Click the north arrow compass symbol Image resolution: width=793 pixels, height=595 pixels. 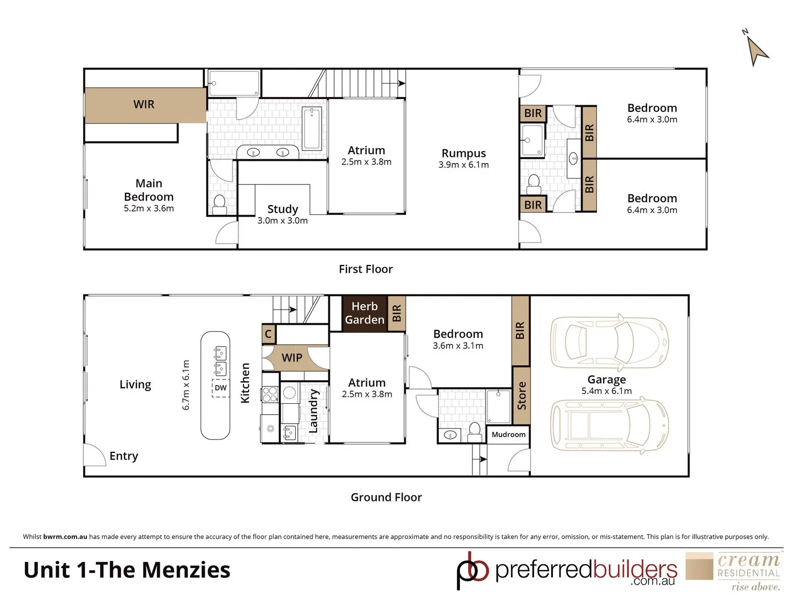pyautogui.click(x=757, y=50)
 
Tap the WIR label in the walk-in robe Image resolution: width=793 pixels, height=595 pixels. pyautogui.click(x=144, y=105)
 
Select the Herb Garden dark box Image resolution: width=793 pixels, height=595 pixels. pyautogui.click(x=365, y=313)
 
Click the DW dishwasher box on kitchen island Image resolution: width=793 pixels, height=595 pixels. pyautogui.click(x=221, y=388)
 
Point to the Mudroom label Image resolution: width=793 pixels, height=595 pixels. pyautogui.click(x=508, y=435)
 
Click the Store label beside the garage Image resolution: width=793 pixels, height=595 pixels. pyautogui.click(x=521, y=396)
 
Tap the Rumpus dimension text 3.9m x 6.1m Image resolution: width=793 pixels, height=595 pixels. pyautogui.click(x=464, y=165)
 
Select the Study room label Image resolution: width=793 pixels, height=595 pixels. pyautogui.click(x=283, y=209)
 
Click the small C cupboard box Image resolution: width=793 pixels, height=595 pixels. pyautogui.click(x=268, y=334)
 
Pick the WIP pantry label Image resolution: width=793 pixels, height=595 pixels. pyautogui.click(x=292, y=358)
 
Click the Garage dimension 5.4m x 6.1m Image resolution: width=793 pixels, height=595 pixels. pyautogui.click(x=606, y=391)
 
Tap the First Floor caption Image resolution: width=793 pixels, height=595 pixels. pyautogui.click(x=366, y=269)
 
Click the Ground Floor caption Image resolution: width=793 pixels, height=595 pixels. pyautogui.click(x=386, y=497)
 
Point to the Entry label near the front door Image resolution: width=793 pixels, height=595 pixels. pyautogui.click(x=123, y=456)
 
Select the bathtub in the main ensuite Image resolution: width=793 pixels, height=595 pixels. pyautogui.click(x=312, y=128)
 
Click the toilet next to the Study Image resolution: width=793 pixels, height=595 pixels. pyautogui.click(x=219, y=204)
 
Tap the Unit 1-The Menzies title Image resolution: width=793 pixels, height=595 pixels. pyautogui.click(x=127, y=570)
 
